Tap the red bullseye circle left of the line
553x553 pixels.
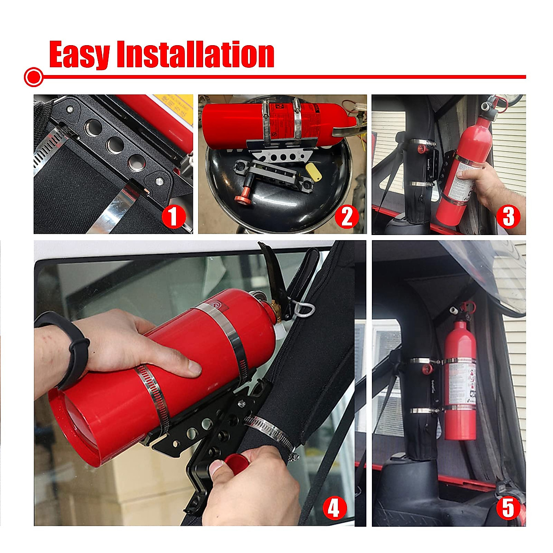(34, 77)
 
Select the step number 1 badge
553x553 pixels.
(173, 216)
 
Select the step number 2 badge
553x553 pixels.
(347, 216)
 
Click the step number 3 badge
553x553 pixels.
(508, 216)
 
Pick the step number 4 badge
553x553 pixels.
(334, 508)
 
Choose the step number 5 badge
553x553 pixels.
(508, 508)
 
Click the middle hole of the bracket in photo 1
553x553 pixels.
(114, 146)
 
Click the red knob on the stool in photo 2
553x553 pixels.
(241, 198)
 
